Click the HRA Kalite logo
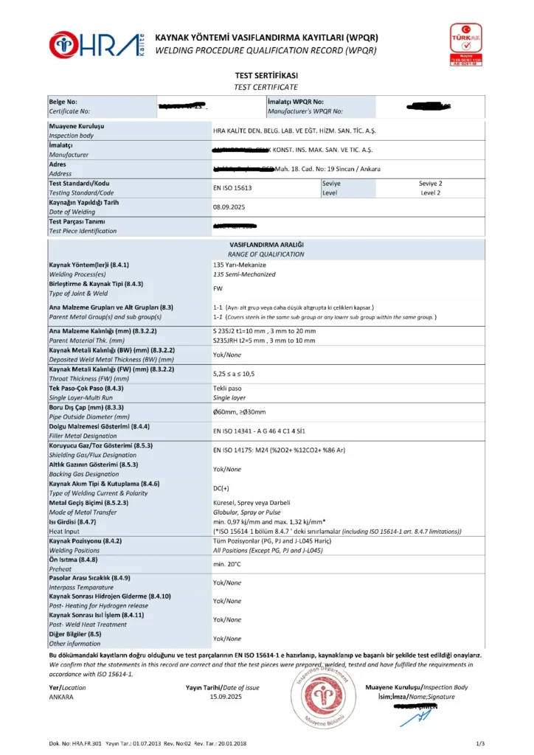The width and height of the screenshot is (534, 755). (97, 44)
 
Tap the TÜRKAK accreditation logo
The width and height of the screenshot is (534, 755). (466, 44)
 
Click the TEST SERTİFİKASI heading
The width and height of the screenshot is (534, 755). (267, 75)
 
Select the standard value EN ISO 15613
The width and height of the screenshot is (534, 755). (232, 188)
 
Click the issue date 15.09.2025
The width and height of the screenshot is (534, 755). (226, 696)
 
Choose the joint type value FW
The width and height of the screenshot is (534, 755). (218, 288)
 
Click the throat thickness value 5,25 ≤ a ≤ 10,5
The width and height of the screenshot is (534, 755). (234, 374)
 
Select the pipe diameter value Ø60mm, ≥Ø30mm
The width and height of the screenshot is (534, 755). (239, 412)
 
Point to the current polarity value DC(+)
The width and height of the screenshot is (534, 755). (221, 488)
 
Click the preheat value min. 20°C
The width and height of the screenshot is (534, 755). (229, 564)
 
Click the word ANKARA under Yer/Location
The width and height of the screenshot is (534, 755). (61, 696)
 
